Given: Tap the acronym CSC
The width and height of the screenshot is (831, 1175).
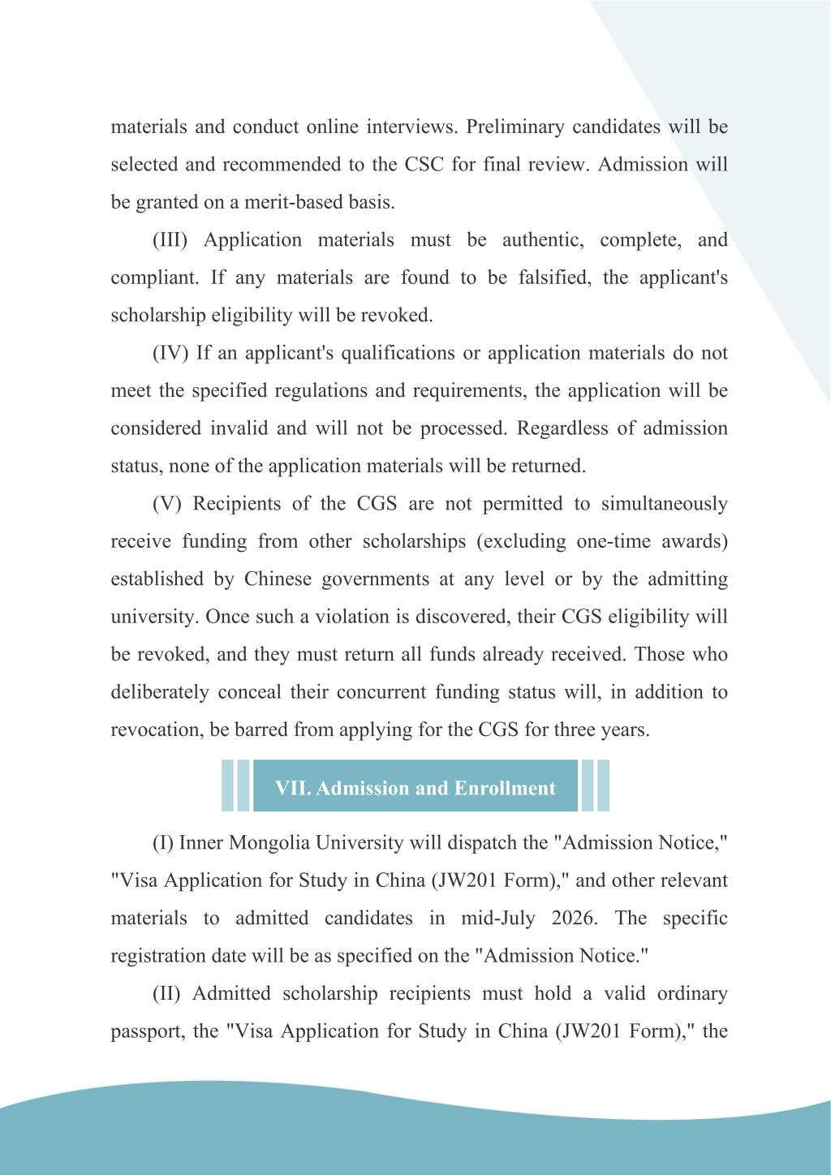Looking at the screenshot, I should (423, 165).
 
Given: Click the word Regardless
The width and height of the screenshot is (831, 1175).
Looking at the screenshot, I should (562, 428).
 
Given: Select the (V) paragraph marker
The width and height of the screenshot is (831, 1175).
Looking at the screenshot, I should (168, 504).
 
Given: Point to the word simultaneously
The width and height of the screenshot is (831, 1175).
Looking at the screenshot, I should (664, 504).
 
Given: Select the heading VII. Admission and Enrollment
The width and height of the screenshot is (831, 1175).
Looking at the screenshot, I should (415, 788).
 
